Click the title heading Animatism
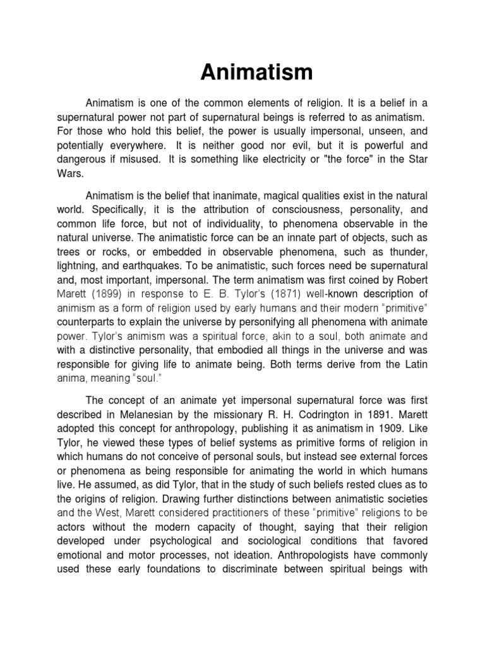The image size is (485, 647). pyautogui.click(x=256, y=73)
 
